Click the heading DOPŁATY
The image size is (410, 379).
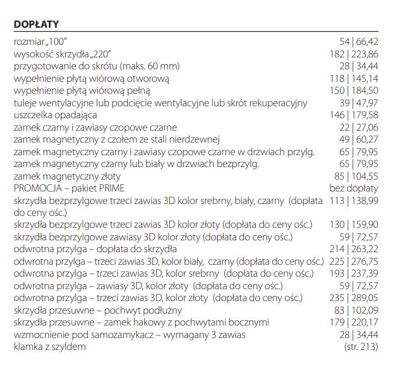tap(36, 24)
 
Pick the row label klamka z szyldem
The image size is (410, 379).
tap(50, 346)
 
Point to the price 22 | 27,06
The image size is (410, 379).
tap(359, 127)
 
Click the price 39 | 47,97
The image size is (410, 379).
tap(359, 103)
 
